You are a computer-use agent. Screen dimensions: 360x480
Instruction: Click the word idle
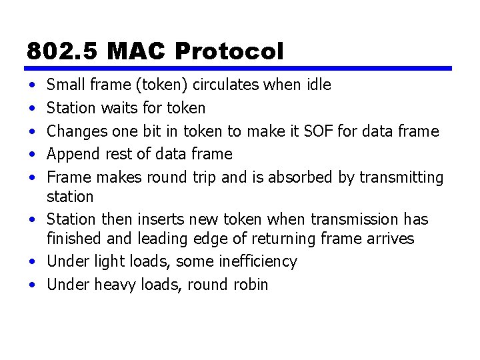click(x=318, y=85)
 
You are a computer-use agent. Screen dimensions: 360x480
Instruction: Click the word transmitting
click(x=401, y=177)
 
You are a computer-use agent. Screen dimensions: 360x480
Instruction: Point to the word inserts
click(x=160, y=219)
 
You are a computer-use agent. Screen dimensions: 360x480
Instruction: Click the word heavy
click(x=114, y=285)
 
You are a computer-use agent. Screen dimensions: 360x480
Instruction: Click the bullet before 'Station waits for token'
click(x=32, y=108)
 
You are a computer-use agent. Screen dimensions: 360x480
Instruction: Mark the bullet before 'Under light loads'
click(x=32, y=262)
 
